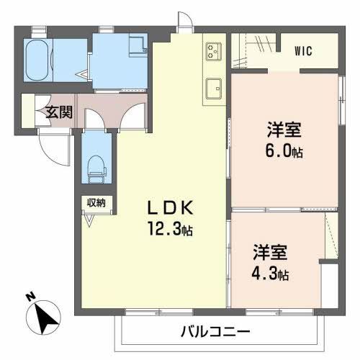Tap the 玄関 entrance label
[59, 112]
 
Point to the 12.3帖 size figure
[171, 230]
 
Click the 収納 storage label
[96, 203]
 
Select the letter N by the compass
[29, 297]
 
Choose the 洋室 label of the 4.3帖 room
[269, 253]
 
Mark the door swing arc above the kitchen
[185, 22]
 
